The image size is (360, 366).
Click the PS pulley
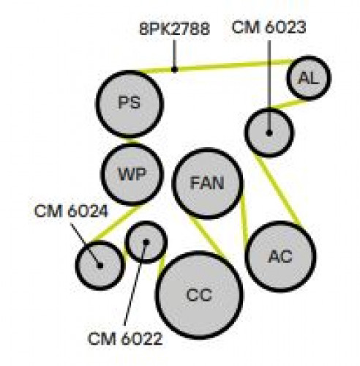[130, 104]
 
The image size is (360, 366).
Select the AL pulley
[309, 78]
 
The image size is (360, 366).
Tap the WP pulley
[132, 174]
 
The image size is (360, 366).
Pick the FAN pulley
[207, 183]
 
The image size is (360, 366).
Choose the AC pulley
[280, 256]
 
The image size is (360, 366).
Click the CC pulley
[199, 295]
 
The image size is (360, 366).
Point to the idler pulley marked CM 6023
[269, 132]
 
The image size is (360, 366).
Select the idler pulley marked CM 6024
[100, 265]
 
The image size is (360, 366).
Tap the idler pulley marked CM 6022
[146, 242]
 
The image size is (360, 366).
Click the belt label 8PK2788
[175, 29]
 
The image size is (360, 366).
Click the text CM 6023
[269, 27]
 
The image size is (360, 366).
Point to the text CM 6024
[71, 211]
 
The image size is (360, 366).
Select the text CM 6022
[125, 339]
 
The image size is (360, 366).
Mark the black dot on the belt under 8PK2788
[174, 70]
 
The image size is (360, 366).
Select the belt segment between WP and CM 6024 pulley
[116, 223]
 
